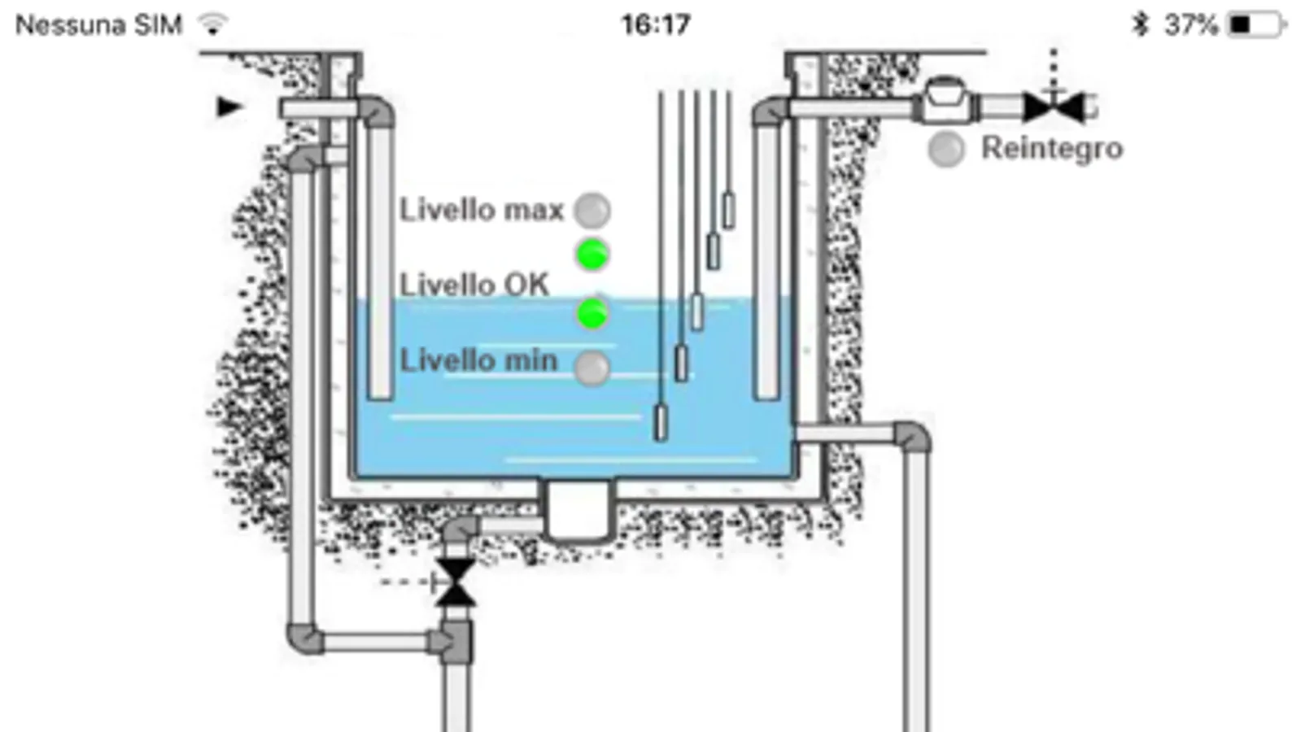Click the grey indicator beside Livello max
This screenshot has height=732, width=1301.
pos(592,210)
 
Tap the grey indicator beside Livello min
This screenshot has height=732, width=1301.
pos(592,368)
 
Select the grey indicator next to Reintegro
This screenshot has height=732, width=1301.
pos(946,149)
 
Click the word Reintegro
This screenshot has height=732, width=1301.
pos(1052,148)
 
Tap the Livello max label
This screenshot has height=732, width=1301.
pos(482,210)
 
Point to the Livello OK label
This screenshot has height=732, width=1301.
pos(474,285)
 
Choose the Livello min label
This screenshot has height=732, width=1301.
pos(478,360)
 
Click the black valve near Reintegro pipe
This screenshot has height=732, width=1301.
pos(1054,107)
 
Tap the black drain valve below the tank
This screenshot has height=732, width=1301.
pos(456,583)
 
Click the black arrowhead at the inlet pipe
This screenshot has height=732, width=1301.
pos(229,107)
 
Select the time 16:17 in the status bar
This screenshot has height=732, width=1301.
pos(656,25)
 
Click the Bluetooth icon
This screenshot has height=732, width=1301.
pos(1140,25)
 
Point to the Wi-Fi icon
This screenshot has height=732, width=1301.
pos(212,24)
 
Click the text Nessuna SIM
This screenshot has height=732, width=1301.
pos(98,25)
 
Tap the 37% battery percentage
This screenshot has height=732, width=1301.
pos(1191,25)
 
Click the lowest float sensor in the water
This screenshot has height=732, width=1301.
pos(661,423)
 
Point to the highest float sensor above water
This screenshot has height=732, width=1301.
pos(728,211)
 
